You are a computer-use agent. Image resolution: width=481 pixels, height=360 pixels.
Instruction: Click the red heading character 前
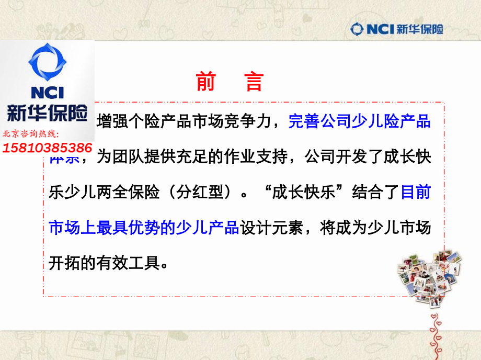coord(205,82)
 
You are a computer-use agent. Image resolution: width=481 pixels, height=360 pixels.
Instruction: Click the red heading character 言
coord(255,82)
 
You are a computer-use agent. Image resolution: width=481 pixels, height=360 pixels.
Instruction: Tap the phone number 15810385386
coord(48,148)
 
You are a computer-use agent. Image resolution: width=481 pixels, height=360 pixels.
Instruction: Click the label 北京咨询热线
coord(31,135)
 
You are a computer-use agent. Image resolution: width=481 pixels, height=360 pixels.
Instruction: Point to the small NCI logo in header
coord(373,29)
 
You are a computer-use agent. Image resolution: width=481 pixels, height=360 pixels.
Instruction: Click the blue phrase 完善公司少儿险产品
coord(359,122)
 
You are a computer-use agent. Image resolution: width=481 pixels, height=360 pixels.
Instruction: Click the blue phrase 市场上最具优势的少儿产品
coord(144,228)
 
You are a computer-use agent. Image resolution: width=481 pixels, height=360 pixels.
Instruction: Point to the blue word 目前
coord(416,193)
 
